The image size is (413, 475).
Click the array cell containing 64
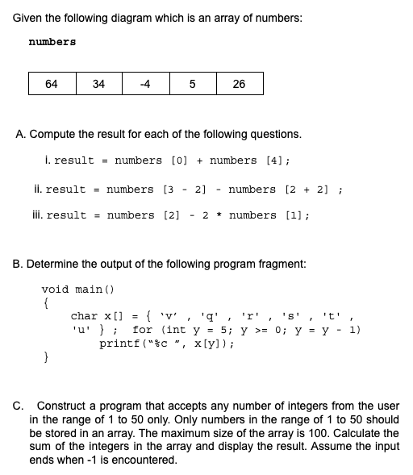(x=52, y=84)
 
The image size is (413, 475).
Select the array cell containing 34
(x=98, y=84)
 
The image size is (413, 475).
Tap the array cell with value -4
(x=145, y=84)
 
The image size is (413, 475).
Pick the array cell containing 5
(x=192, y=84)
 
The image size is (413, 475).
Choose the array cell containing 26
(x=239, y=84)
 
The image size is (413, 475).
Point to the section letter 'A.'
(x=21, y=134)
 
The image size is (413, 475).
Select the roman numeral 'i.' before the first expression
(x=49, y=160)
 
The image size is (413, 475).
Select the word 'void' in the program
(x=55, y=289)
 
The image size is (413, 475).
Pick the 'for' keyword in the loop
(x=143, y=330)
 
